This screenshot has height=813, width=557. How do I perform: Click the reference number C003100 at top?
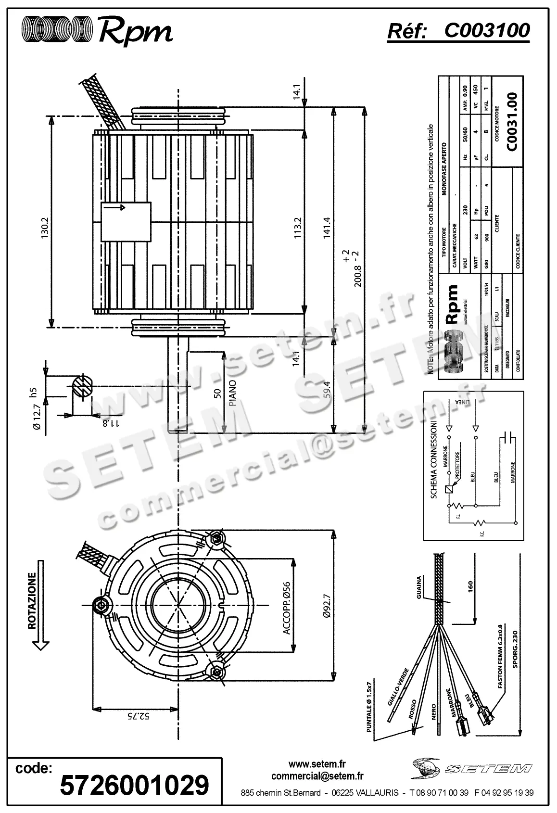(486, 31)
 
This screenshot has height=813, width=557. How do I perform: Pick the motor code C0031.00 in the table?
(512, 122)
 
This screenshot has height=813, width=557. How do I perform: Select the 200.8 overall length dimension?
(357, 276)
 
